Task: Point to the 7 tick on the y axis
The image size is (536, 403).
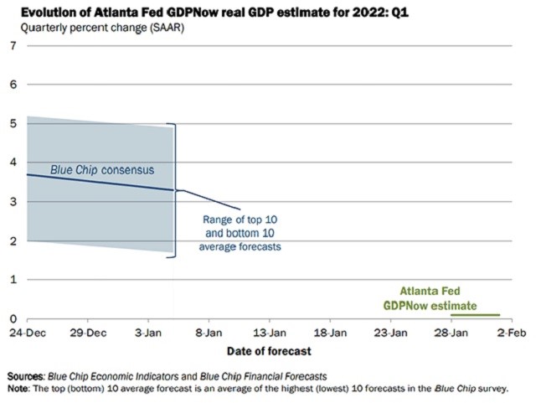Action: [12, 45]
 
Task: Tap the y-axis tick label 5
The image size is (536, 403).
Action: [12, 124]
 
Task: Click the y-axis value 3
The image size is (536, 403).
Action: [12, 202]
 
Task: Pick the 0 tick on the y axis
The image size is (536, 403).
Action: [12, 319]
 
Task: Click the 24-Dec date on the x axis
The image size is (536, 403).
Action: [28, 333]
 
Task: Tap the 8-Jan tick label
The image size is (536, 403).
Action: [209, 333]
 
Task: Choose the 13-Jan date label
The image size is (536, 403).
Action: [270, 333]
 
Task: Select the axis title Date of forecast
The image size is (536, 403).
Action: [267, 350]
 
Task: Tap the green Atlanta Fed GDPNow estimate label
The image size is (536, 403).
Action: [430, 298]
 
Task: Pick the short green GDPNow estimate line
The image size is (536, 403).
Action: [475, 315]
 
